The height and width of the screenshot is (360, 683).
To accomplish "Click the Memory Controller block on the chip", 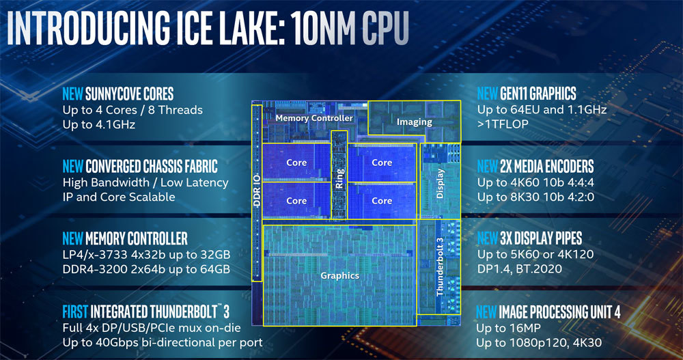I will pyautogui.click(x=313, y=118).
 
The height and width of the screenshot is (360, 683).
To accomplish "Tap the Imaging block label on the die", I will pyautogui.click(x=415, y=122).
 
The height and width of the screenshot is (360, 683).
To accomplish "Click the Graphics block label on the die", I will pyautogui.click(x=339, y=275).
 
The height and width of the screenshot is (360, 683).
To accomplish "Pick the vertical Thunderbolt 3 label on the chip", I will pyautogui.click(x=440, y=267).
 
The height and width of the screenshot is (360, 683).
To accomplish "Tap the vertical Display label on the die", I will pyautogui.click(x=440, y=183).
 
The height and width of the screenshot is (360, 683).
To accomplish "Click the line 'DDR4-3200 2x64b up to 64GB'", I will pyautogui.click(x=146, y=268).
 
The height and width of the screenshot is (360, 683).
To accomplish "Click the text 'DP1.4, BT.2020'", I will pyautogui.click(x=519, y=269).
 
